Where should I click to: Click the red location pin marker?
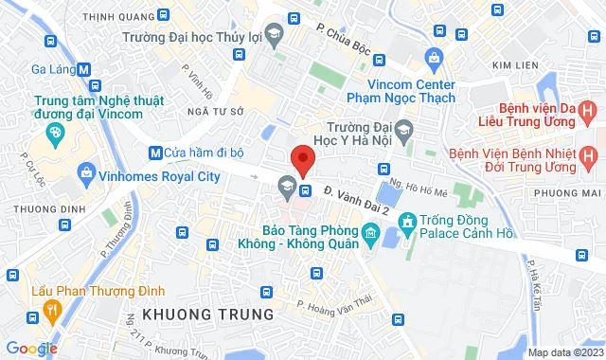click(x=302, y=159)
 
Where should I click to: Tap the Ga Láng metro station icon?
click(x=85, y=68)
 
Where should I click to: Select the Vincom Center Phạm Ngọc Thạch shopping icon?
click(x=434, y=58)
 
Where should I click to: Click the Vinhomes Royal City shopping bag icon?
click(x=86, y=174)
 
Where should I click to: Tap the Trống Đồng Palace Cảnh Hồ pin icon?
click(x=407, y=225)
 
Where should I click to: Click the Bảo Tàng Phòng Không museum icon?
click(x=367, y=233)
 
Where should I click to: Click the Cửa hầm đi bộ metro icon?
click(x=154, y=152)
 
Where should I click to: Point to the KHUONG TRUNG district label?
click(x=206, y=313)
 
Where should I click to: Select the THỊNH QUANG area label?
click(x=117, y=15)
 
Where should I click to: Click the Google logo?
click(x=31, y=349)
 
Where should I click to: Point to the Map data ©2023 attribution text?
click(x=564, y=352)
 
